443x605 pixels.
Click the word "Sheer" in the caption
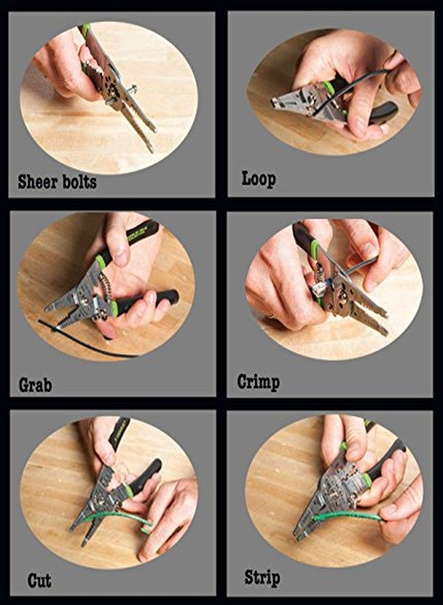point(38,181)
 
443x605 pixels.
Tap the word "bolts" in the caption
point(80,181)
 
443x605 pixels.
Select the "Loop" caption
point(258,179)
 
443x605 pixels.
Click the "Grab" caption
point(35,385)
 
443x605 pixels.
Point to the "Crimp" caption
point(258,382)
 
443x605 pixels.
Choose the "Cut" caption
point(40,580)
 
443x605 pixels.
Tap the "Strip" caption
point(262,577)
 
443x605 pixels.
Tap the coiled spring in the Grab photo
point(105,289)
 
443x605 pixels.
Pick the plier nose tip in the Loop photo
point(275,103)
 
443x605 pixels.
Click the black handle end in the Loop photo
point(385,112)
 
